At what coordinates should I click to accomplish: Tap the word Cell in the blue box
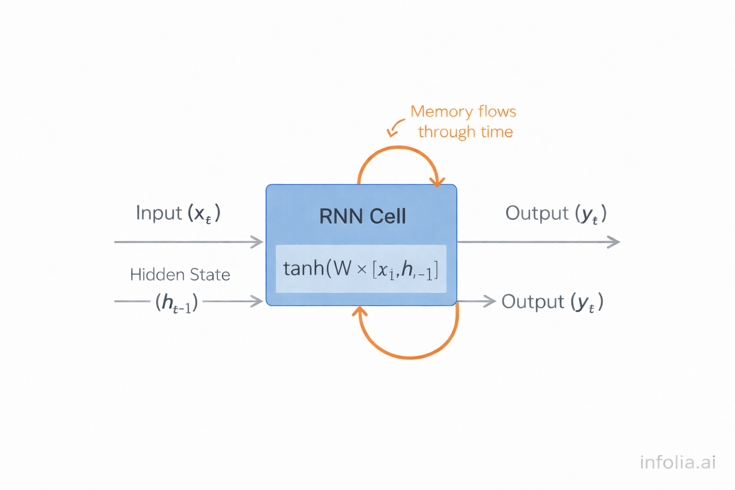click(387, 216)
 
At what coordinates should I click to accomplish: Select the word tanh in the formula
click(303, 268)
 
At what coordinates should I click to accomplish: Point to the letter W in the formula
click(343, 268)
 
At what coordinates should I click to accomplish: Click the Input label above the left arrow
click(159, 213)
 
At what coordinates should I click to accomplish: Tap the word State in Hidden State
click(210, 275)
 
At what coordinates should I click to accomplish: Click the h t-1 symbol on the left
click(177, 302)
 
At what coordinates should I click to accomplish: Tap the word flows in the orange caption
click(497, 111)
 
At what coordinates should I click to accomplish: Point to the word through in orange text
click(446, 132)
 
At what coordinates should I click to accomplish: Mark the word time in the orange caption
click(497, 132)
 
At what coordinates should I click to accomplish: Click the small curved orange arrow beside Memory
click(395, 128)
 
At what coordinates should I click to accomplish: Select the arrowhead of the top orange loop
click(437, 182)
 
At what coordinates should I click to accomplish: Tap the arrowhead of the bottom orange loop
click(360, 311)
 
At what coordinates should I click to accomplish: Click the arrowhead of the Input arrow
click(258, 242)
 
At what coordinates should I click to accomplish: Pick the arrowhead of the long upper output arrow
click(614, 242)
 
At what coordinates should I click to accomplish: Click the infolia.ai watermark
click(678, 462)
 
